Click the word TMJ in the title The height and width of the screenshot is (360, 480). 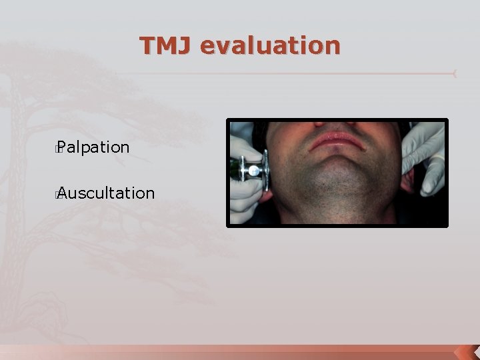[166, 45]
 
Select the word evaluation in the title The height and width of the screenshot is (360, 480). [270, 45]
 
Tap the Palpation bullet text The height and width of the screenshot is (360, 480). [94, 147]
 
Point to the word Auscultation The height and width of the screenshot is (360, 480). [106, 193]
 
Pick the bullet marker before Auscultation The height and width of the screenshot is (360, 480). [59, 194]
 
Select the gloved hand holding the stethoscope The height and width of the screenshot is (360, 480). [245, 193]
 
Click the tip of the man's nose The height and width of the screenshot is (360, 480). [337, 124]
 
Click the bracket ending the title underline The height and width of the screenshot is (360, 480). [455, 73]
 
